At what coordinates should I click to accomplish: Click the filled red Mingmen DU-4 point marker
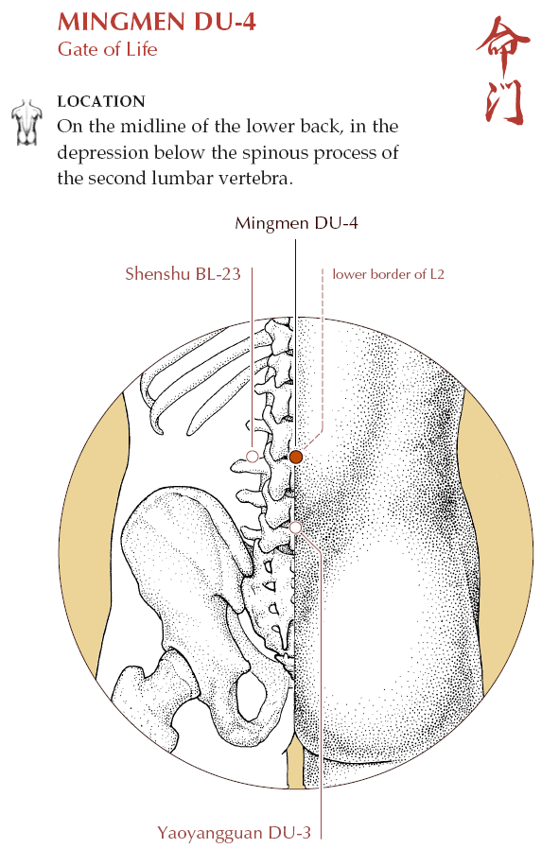[x=295, y=457]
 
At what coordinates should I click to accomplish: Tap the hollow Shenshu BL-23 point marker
[x=252, y=457]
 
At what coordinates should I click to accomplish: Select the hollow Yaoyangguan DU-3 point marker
[x=295, y=528]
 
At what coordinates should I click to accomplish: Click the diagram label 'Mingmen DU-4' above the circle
[x=296, y=223]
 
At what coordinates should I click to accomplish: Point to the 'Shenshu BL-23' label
[x=183, y=274]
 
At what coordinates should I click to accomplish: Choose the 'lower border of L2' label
[x=388, y=274]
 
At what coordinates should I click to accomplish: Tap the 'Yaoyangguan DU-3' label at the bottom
[x=235, y=833]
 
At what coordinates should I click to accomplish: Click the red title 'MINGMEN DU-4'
[x=157, y=23]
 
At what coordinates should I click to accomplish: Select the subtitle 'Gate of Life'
[x=107, y=49]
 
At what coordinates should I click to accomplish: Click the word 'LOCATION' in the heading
[x=101, y=101]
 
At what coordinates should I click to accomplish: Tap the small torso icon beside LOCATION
[x=26, y=123]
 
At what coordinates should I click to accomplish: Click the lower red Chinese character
[x=504, y=103]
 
